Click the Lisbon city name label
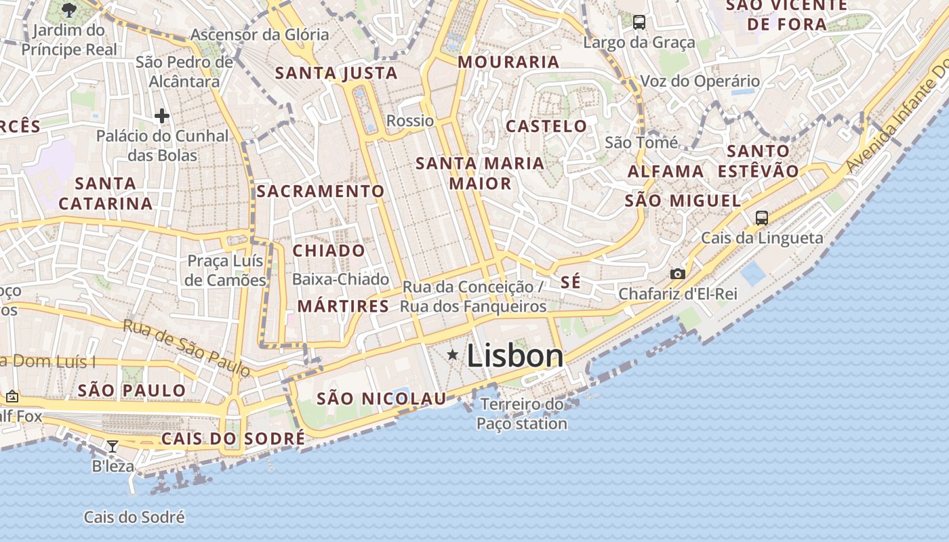click(515, 356)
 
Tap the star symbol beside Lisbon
click(453, 355)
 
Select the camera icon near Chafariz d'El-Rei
click(677, 274)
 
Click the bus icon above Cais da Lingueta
click(762, 217)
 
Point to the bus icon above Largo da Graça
click(639, 22)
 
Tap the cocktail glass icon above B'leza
click(113, 446)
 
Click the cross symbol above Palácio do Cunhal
click(161, 116)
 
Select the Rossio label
click(410, 121)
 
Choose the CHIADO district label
click(329, 251)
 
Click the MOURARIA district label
click(508, 62)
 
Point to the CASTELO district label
click(546, 126)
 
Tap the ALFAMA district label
click(666, 171)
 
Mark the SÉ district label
click(571, 282)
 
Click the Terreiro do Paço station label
click(522, 414)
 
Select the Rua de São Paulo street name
click(186, 348)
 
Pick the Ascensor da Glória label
click(260, 35)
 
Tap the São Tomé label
click(641, 142)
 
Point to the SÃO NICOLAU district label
click(382, 398)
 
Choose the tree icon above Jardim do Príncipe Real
click(68, 9)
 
